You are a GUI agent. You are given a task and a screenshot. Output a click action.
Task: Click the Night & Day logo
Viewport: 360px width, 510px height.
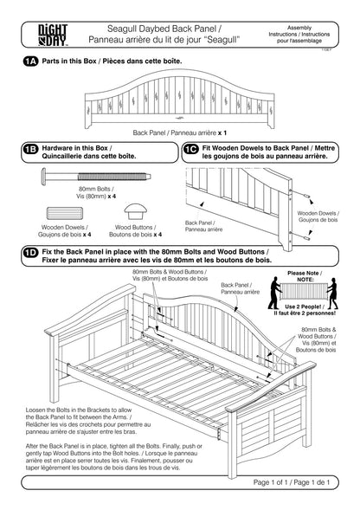53,35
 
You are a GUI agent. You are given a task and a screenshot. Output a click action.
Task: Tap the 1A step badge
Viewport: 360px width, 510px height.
30,61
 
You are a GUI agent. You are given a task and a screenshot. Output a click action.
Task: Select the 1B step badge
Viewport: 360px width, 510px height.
30,149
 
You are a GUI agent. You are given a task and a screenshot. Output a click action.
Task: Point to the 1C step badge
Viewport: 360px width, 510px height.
191,149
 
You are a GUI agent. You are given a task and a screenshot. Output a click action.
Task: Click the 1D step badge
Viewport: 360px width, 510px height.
30,253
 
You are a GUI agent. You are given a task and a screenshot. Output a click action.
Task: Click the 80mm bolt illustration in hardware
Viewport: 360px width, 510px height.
96,177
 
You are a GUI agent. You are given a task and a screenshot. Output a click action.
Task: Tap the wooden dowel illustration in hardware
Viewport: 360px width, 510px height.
65,213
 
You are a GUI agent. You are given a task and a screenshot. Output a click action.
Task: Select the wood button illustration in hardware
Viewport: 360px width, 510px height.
135,211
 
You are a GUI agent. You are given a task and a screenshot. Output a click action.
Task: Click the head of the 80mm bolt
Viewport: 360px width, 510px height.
43,177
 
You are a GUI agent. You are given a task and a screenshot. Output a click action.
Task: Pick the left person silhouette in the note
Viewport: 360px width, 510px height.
274,293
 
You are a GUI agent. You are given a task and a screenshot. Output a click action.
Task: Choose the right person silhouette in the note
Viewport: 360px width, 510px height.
332,294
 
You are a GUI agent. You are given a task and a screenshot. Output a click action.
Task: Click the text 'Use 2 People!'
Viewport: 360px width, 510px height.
303,307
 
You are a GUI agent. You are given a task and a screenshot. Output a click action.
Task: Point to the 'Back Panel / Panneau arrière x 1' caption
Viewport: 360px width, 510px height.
179,132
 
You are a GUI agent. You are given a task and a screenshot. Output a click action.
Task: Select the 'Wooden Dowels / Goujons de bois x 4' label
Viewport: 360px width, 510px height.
64,231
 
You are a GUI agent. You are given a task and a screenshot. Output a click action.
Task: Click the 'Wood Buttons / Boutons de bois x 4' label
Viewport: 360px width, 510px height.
135,231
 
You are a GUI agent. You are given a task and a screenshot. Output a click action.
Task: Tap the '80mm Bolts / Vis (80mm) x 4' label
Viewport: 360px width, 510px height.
96,192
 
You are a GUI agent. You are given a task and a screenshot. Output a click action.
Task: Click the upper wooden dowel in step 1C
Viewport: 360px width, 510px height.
305,197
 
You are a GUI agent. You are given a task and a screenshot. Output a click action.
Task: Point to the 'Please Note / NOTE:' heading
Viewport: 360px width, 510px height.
305,276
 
